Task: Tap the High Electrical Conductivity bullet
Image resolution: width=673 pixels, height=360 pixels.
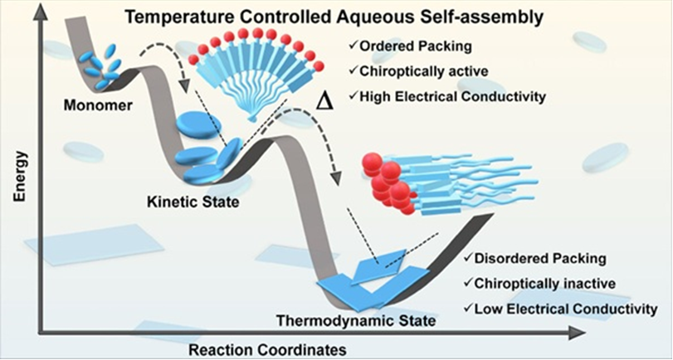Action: [453, 96]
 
